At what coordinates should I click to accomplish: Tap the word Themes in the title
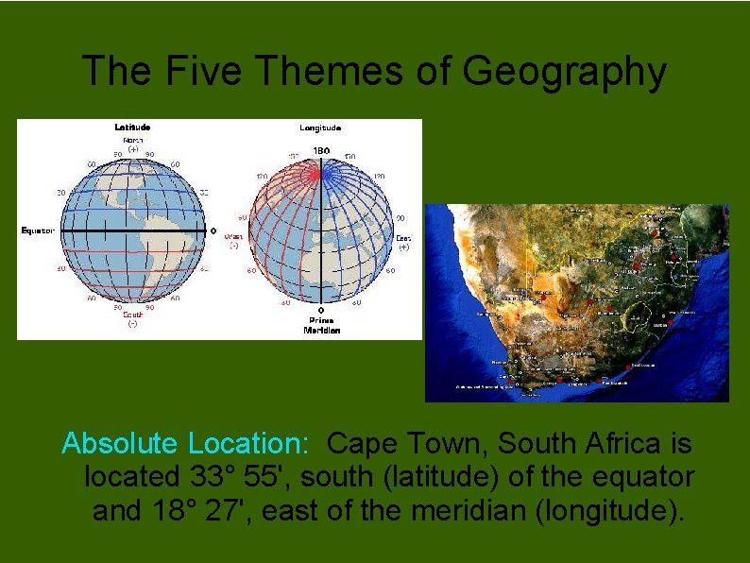point(344,72)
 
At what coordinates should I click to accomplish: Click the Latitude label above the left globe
point(132,127)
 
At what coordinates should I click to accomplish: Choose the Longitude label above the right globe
point(320,128)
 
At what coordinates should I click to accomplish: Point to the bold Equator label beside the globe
point(38,230)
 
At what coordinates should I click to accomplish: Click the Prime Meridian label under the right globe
point(320,326)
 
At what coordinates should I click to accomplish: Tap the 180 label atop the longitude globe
point(321,150)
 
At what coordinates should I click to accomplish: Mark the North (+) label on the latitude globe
point(133,144)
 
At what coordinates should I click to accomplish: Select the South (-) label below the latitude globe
point(133,318)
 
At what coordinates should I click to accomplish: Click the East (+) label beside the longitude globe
point(403,242)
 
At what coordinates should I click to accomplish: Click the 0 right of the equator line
point(213,230)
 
